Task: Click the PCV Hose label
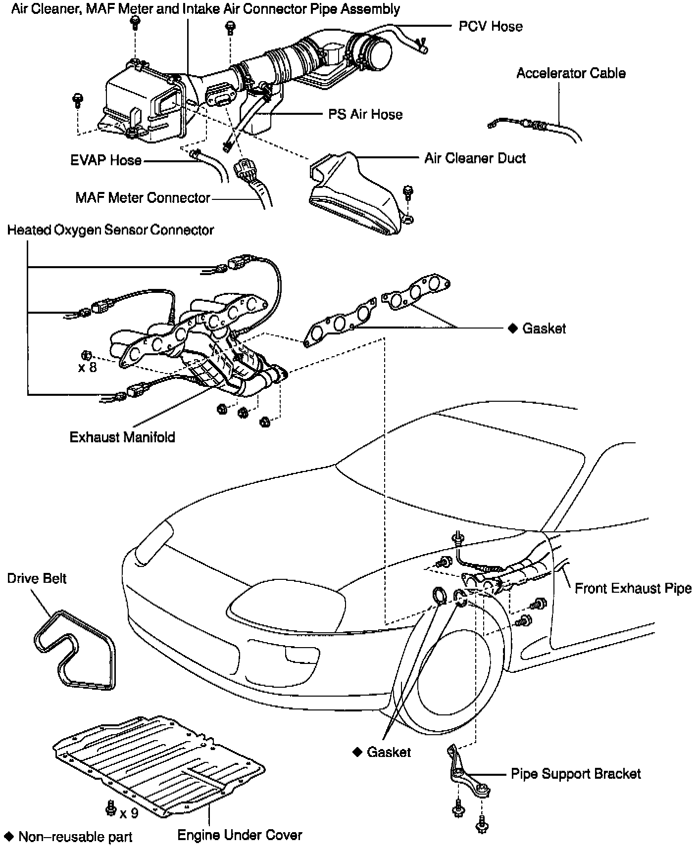(490, 26)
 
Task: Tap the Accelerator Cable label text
(570, 73)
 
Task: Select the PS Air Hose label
(365, 114)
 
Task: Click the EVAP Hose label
(105, 160)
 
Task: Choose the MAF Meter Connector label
(143, 198)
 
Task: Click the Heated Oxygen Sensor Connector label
(110, 230)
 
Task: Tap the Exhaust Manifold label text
(122, 437)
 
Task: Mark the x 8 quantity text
(88, 368)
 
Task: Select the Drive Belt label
(37, 578)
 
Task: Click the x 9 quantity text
(129, 813)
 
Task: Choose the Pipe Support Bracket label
(575, 773)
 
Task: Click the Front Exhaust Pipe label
(632, 588)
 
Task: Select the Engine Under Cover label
(240, 835)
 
